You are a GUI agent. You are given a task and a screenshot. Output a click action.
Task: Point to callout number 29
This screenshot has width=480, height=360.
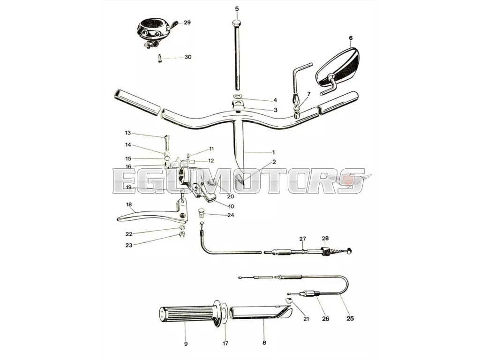(x=187, y=22)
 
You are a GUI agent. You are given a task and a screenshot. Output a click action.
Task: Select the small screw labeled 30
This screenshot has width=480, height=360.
(x=160, y=58)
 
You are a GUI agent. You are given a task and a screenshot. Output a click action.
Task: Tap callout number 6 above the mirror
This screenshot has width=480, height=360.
(x=351, y=38)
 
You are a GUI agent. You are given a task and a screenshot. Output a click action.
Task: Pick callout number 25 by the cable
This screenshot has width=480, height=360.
(x=350, y=318)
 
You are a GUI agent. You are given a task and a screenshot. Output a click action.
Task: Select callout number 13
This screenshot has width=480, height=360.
(x=127, y=133)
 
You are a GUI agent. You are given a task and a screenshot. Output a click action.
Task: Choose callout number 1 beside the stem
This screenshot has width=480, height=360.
(x=273, y=152)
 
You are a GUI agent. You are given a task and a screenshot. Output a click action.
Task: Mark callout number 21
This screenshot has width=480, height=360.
(x=306, y=319)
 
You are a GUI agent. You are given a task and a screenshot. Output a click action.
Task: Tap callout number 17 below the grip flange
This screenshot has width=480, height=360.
(x=225, y=344)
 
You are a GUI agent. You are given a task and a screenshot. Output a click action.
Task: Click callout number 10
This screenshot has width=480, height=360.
(x=231, y=207)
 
